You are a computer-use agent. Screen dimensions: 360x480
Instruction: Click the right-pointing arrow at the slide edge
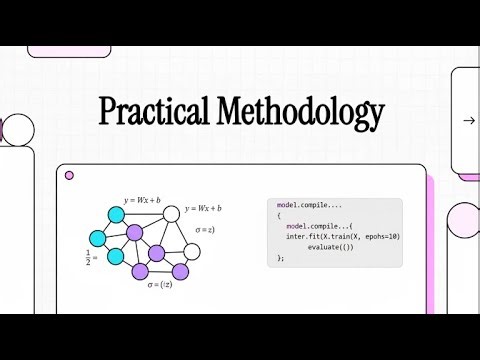click(x=468, y=121)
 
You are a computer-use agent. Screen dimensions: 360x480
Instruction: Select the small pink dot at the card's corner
click(x=69, y=175)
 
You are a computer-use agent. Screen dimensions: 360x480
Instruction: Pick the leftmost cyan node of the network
click(x=98, y=239)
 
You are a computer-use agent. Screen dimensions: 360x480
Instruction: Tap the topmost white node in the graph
click(x=171, y=212)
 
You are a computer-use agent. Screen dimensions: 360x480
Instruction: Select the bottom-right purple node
click(x=180, y=271)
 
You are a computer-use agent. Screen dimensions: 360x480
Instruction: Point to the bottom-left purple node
click(x=140, y=271)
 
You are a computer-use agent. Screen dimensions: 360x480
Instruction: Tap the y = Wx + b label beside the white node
click(x=203, y=208)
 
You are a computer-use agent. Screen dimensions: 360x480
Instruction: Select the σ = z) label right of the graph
click(x=205, y=231)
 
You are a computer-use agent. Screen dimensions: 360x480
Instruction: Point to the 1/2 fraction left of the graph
click(x=89, y=259)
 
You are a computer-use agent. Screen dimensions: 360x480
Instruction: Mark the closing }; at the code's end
click(x=281, y=257)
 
